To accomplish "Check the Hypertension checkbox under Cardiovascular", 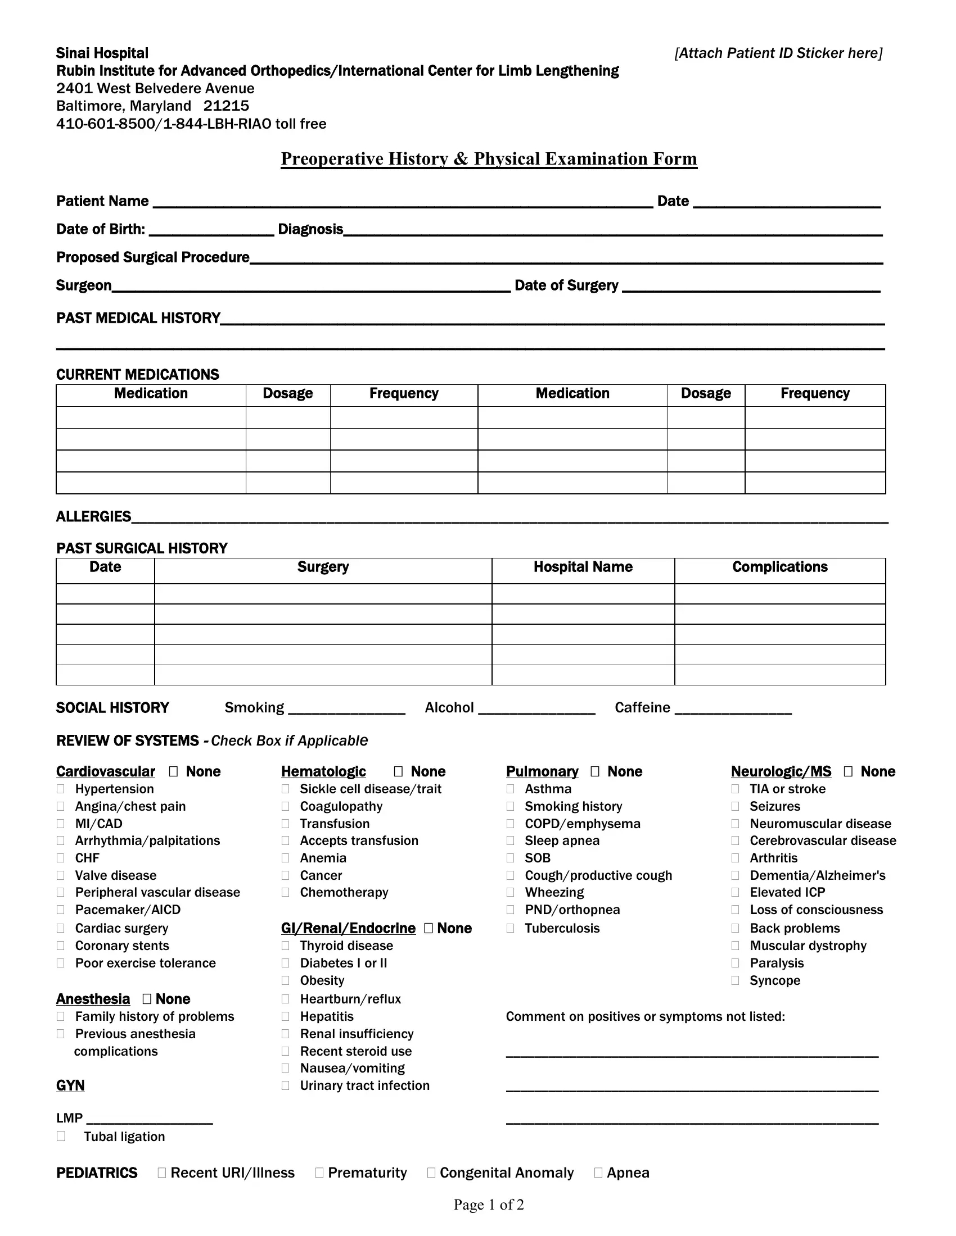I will coord(61,789).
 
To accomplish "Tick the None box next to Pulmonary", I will coord(594,771).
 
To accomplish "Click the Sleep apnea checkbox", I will coord(510,840).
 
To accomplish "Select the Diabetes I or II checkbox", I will coord(286,962).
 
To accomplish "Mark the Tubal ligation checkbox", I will coord(61,1136).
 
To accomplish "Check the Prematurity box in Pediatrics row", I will coord(319,1173).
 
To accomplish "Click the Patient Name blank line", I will coord(402,203).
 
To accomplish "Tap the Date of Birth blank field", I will coord(211,230).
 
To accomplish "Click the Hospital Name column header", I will coord(583,567).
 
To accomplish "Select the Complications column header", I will coord(779,567).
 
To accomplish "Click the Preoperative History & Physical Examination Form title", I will coord(489,159).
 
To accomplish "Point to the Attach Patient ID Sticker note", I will coord(778,53).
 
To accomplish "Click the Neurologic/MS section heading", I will coord(781,771).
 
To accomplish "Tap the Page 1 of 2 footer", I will coord(488,1205).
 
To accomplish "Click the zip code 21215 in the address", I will coord(227,106).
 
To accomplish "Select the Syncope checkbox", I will coord(735,980).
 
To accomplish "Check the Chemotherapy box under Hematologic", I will coord(286,893).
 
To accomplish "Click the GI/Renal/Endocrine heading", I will coord(348,928).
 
